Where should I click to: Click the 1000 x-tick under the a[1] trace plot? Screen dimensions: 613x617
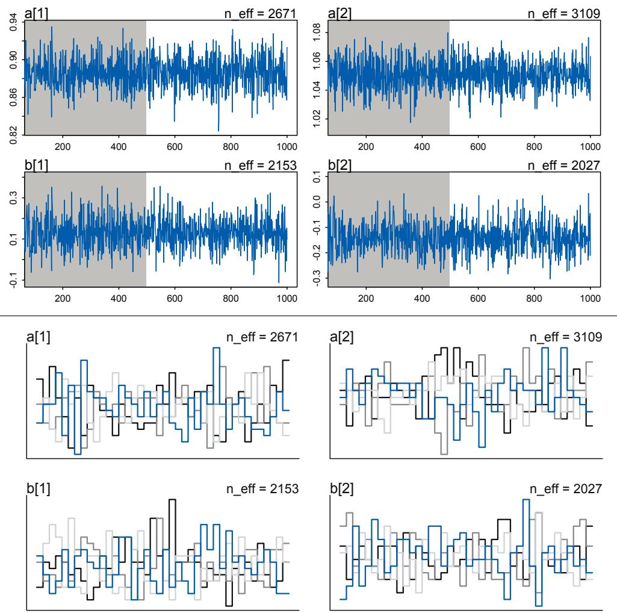(x=287, y=146)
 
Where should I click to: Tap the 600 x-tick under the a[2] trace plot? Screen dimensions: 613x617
(x=478, y=146)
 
